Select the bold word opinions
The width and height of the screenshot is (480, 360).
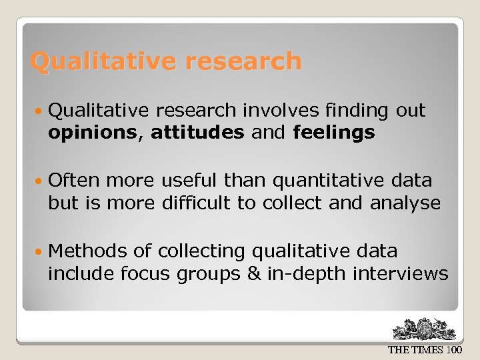91,133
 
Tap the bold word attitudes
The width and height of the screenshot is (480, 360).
197,133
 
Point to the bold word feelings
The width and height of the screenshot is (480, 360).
334,133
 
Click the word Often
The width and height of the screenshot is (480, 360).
74,180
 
